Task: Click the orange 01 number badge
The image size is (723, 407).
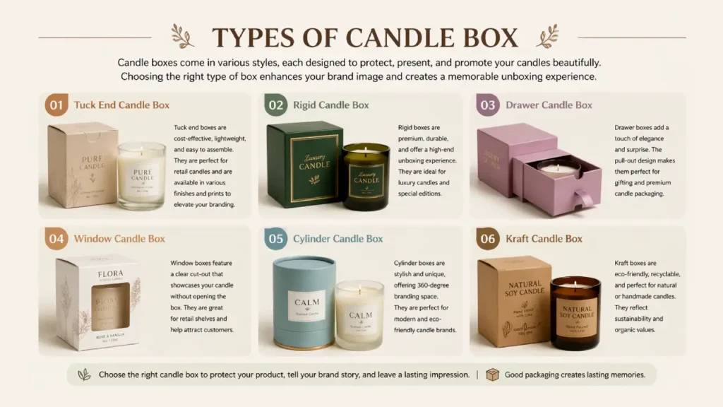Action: pyautogui.click(x=56, y=105)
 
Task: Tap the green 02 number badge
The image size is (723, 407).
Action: pyautogui.click(x=276, y=105)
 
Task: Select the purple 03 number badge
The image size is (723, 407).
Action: pyautogui.click(x=488, y=105)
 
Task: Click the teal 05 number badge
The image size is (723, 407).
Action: pyautogui.click(x=276, y=239)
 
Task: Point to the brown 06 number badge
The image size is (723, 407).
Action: pyautogui.click(x=488, y=239)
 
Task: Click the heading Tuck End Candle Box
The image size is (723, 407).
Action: pyautogui.click(x=121, y=105)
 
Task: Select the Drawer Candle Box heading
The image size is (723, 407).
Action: pyautogui.click(x=549, y=105)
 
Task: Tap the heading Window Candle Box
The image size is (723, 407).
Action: pyautogui.click(x=119, y=239)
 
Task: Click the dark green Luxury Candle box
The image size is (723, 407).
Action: pyautogui.click(x=304, y=165)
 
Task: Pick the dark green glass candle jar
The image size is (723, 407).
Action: pyautogui.click(x=366, y=177)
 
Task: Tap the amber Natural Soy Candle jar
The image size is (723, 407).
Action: pyautogui.click(x=575, y=312)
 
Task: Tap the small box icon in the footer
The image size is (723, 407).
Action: pyautogui.click(x=492, y=374)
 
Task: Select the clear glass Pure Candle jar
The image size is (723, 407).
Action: pyautogui.click(x=141, y=176)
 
